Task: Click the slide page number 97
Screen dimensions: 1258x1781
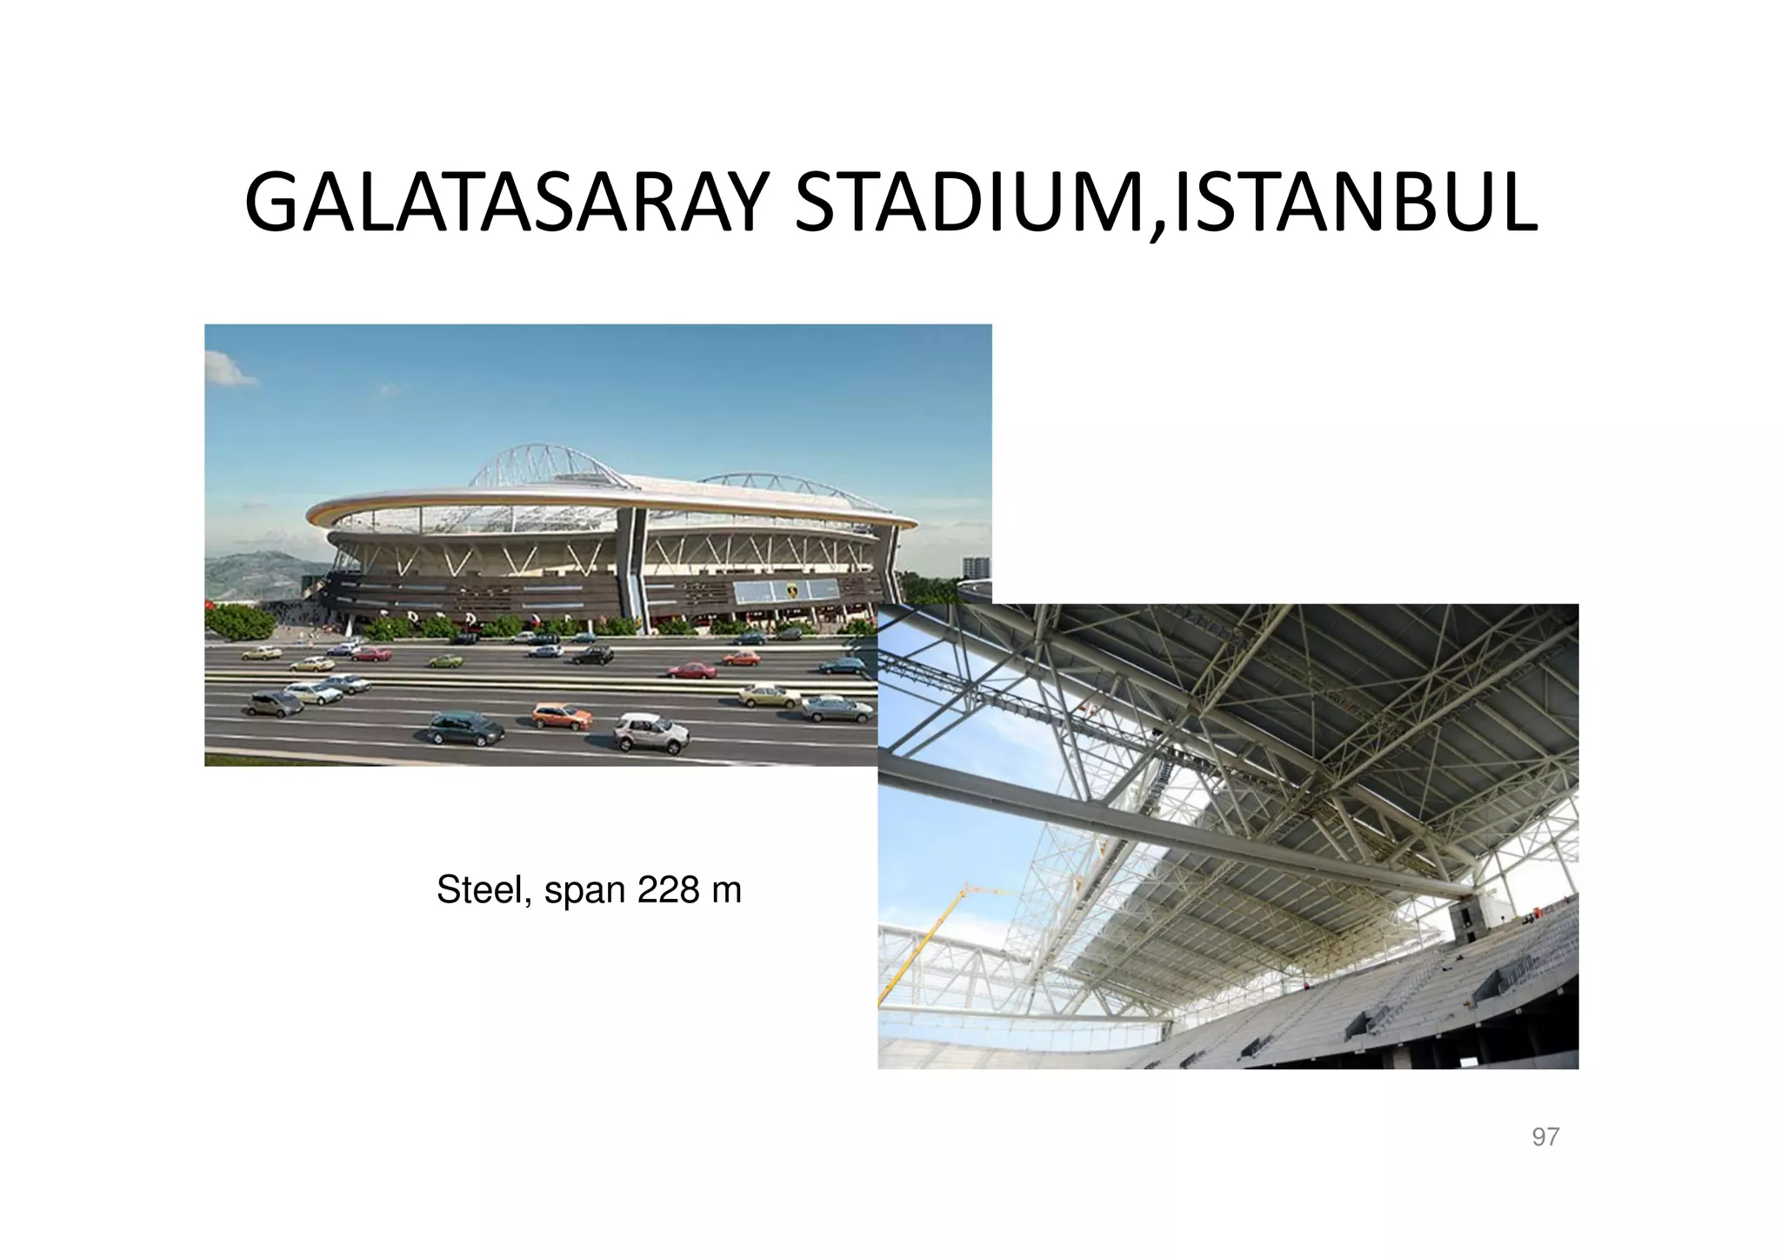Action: [x=1544, y=1137]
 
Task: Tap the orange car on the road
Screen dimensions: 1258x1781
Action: [x=562, y=716]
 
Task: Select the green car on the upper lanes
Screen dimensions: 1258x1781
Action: [x=444, y=661]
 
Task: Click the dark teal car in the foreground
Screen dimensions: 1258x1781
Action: [x=467, y=729]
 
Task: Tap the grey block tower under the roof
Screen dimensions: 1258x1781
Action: [x=1470, y=922]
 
